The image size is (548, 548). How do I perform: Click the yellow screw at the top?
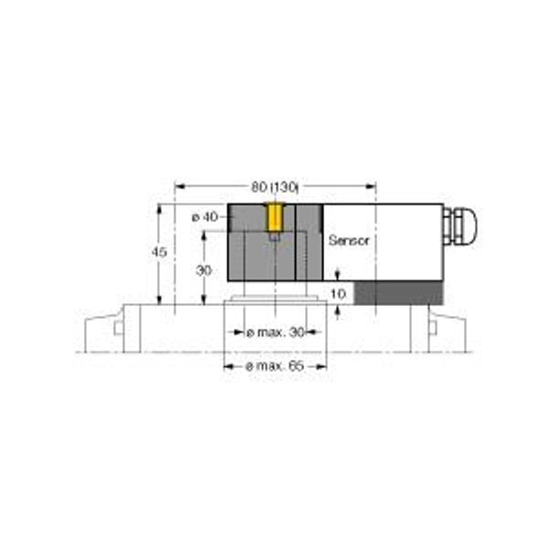[275, 217]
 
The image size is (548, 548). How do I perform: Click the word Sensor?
[349, 240]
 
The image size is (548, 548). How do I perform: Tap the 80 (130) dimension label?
[275, 187]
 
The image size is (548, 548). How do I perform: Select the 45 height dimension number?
[159, 252]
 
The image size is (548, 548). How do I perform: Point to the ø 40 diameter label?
[205, 217]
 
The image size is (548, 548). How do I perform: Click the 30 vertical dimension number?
[204, 270]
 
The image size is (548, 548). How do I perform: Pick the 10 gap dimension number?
[338, 294]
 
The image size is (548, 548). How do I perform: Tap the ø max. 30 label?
[276, 332]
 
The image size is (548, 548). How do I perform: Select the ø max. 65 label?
[276, 366]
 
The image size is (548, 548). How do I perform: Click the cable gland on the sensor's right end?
[459, 226]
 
